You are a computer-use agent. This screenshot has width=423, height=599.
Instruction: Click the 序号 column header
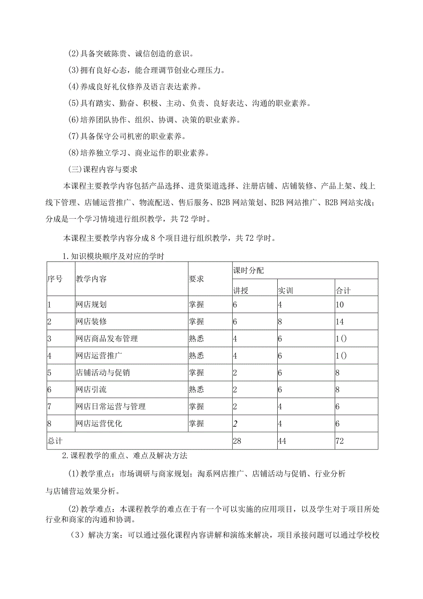[55, 279]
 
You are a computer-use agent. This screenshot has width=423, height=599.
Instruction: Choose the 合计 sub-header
[343, 291]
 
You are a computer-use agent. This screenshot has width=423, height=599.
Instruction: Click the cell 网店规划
[91, 304]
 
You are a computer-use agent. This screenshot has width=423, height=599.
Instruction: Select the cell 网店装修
[91, 321]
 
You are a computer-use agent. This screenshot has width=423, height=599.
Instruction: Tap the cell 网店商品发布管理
[106, 338]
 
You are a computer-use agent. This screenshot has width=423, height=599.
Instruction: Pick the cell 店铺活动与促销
[103, 372]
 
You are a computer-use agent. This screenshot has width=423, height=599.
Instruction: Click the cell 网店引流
[91, 390]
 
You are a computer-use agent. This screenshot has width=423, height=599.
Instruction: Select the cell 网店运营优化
[99, 424]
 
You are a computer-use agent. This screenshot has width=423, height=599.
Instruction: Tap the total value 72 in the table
[340, 441]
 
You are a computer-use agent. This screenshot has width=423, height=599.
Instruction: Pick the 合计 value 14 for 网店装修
[340, 321]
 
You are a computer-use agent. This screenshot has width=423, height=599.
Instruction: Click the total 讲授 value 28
[238, 441]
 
